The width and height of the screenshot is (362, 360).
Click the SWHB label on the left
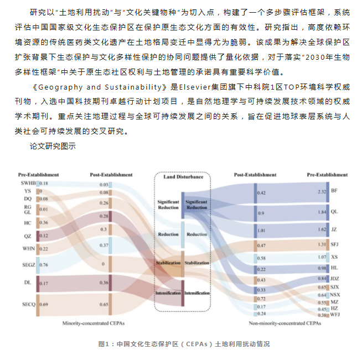point(28,183)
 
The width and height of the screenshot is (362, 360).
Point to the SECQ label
point(28,305)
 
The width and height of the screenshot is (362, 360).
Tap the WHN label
point(29,249)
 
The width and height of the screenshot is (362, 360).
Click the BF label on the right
point(334,191)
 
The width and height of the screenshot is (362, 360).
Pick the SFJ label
point(335,244)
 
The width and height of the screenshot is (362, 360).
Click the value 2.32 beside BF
point(322,191)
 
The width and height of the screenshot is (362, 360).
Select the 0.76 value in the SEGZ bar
point(43,264)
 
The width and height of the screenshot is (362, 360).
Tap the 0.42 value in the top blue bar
point(261,192)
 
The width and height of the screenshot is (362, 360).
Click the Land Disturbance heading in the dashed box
point(183,177)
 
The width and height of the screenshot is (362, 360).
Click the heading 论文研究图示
point(53,147)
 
